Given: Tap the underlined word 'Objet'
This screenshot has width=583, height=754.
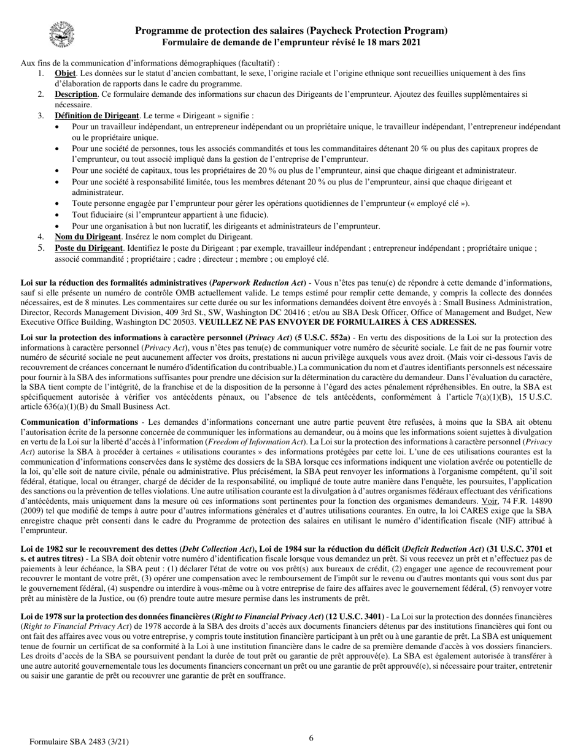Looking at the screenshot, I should (x=65, y=74).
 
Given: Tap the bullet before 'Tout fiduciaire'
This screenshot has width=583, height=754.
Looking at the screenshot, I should (x=58, y=215).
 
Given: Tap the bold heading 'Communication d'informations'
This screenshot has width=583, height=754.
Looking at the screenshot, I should (x=79, y=422).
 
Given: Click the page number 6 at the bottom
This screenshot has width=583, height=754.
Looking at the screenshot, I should (x=311, y=738).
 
